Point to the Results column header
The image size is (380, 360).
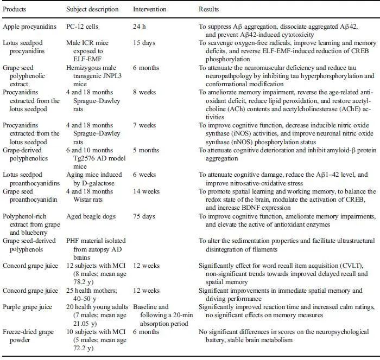point(209,10)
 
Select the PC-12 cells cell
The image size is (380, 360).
point(82,27)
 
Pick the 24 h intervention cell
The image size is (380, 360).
point(140,27)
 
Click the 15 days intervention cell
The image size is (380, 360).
point(144,42)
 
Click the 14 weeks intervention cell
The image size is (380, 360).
point(147,191)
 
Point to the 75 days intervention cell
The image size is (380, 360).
point(144,216)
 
